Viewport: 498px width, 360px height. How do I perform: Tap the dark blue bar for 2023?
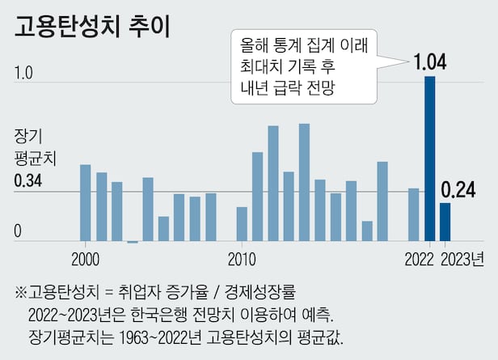[445, 222]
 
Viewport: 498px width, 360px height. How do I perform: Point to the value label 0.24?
[458, 190]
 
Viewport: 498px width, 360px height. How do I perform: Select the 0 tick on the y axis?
[17, 234]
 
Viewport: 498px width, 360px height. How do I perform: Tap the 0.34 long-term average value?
[28, 181]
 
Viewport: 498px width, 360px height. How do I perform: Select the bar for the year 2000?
[85, 202]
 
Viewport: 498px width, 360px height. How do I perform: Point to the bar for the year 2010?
[242, 224]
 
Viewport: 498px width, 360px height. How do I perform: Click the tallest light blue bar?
[304, 182]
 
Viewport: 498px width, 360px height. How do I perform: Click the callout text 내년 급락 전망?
[286, 87]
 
